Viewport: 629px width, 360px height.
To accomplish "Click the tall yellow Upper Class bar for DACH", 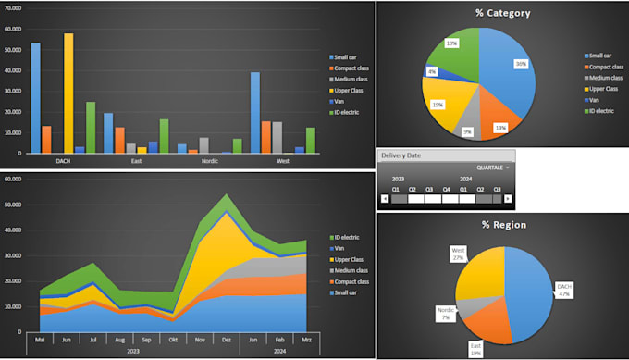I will (68, 93).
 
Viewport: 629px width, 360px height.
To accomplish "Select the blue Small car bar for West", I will (255, 112).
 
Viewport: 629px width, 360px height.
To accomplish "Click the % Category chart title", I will (502, 13).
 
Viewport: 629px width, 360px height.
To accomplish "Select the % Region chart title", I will (502, 224).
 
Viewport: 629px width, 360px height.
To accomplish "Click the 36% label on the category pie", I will (522, 64).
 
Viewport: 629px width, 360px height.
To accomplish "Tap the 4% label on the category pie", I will (432, 71).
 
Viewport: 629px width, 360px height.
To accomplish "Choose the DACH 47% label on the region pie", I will (565, 289).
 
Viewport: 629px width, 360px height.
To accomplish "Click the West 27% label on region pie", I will (457, 254).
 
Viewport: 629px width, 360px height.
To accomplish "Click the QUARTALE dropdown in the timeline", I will (493, 168).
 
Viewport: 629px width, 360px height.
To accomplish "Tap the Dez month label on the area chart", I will (226, 340).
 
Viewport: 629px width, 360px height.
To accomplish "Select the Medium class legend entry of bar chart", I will (352, 79).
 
